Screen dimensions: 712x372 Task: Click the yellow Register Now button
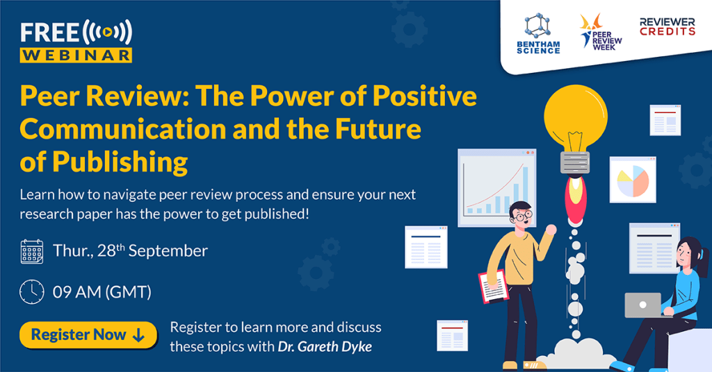pyautogui.click(x=88, y=335)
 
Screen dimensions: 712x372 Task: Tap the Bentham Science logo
pyautogui.click(x=538, y=33)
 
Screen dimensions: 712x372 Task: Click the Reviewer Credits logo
pyautogui.click(x=667, y=27)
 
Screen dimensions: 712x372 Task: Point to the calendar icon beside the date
pyautogui.click(x=32, y=251)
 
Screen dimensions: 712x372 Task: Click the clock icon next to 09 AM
pyautogui.click(x=32, y=291)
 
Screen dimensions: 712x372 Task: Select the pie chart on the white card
pyautogui.click(x=633, y=180)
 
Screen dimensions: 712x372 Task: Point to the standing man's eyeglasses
pyautogui.click(x=524, y=216)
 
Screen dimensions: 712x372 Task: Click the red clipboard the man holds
pyautogui.click(x=494, y=287)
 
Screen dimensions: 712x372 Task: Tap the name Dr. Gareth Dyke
pyautogui.click(x=325, y=346)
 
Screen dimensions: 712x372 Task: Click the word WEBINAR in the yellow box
pyautogui.click(x=76, y=56)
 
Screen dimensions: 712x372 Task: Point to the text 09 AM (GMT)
pyautogui.click(x=102, y=292)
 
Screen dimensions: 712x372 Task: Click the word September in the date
pyautogui.click(x=168, y=251)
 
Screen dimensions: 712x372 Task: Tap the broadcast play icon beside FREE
pyautogui.click(x=107, y=32)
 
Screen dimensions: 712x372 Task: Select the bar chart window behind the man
pyautogui.click(x=496, y=187)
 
